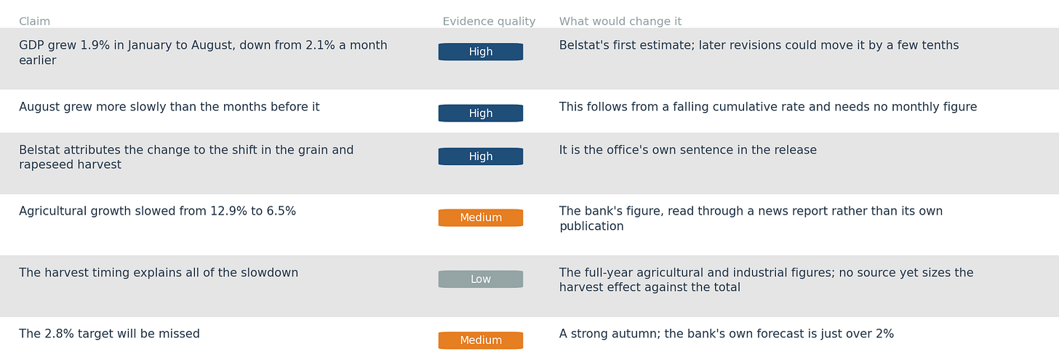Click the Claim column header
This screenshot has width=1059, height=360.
click(34, 21)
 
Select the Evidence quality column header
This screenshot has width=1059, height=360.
click(489, 21)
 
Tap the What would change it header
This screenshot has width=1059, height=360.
click(620, 21)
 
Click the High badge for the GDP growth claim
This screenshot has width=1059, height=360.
click(481, 52)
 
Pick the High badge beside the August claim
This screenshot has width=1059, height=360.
click(481, 113)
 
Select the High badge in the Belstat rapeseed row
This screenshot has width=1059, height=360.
click(481, 156)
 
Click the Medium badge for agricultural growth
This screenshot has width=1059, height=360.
click(481, 217)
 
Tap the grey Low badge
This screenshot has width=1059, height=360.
click(481, 279)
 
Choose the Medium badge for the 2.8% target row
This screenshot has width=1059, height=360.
click(481, 340)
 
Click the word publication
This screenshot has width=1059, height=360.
click(591, 226)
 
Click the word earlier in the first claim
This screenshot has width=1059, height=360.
click(37, 60)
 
